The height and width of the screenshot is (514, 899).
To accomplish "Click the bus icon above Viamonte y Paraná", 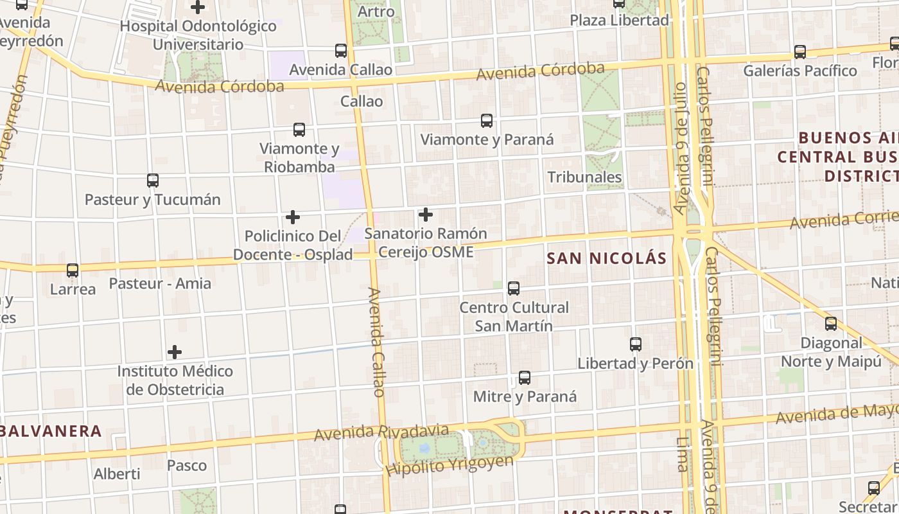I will [487, 120].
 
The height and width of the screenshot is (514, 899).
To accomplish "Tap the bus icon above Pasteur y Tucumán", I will [152, 181].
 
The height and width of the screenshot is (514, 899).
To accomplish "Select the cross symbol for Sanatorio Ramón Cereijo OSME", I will [425, 215].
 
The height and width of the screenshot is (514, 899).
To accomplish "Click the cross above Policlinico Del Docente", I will [293, 217].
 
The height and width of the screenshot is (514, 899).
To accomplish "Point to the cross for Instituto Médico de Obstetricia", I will [174, 352].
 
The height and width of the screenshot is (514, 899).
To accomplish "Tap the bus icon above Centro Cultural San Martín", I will [514, 288].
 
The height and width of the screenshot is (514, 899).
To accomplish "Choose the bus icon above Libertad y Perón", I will [636, 344].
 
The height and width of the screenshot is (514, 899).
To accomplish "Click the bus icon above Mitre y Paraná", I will [525, 378].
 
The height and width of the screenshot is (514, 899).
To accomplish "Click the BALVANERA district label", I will [51, 431].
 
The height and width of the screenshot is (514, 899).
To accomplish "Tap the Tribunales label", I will [584, 177].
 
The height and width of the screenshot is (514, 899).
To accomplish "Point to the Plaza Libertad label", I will [620, 20].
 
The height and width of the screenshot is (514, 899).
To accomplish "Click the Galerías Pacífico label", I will [800, 71].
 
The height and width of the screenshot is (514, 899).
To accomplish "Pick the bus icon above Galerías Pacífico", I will [800, 52].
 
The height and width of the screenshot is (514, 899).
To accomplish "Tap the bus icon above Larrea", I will [73, 270].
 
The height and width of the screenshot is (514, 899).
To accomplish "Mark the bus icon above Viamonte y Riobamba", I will [299, 130].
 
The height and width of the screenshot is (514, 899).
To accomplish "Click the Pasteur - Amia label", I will [160, 283].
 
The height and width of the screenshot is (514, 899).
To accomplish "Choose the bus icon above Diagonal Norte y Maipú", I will [831, 324].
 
